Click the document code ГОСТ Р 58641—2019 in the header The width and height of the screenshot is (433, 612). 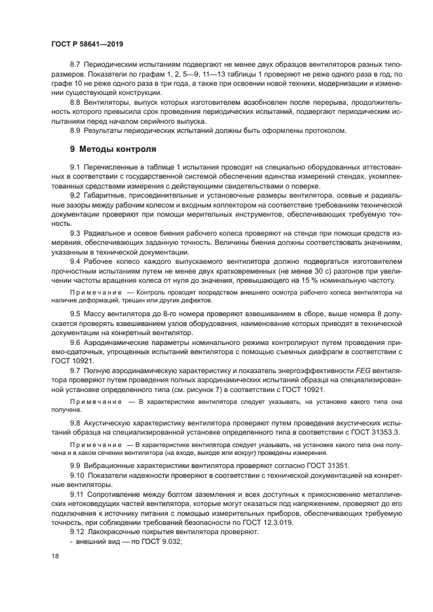(x=87, y=44)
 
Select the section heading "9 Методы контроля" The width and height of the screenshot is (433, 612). (x=113, y=149)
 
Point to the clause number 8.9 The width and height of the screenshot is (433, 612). (x=75, y=130)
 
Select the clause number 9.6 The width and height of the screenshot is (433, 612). (x=75, y=342)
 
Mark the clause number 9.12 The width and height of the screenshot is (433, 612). (x=77, y=532)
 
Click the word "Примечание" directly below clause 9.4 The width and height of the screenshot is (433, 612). (x=96, y=291)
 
